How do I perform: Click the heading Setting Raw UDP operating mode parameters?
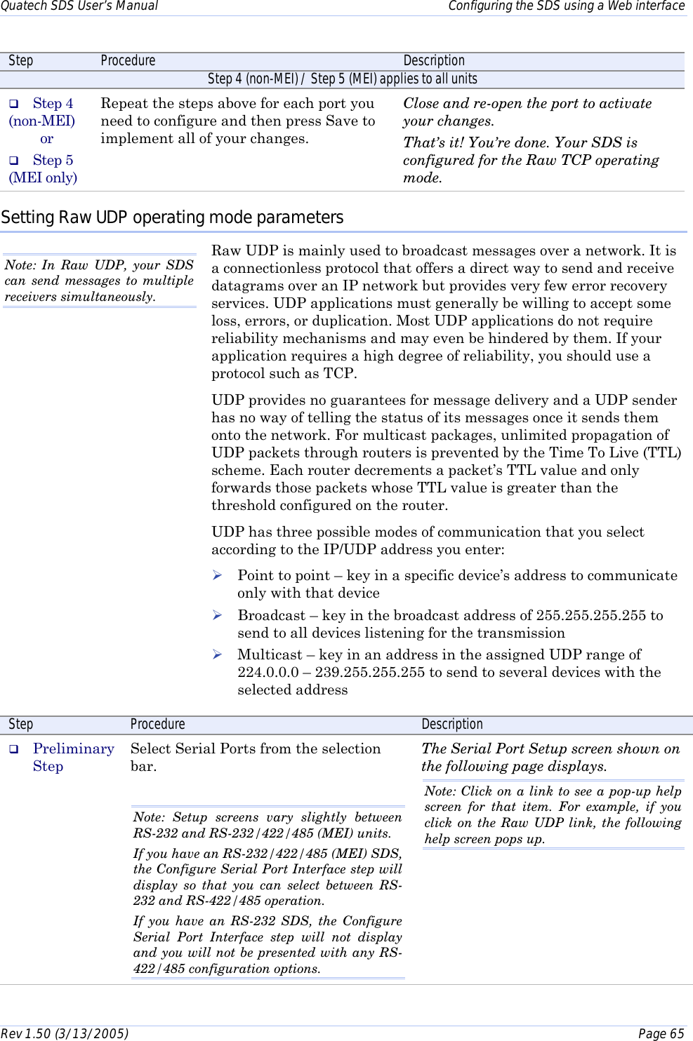point(172,217)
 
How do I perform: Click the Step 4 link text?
point(53,104)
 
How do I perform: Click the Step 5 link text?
point(53,161)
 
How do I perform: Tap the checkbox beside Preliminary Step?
point(13,749)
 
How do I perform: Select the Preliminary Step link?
point(73,749)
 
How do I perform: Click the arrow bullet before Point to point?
point(218,575)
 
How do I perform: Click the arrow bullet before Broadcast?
point(218,615)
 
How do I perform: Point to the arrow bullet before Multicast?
point(218,654)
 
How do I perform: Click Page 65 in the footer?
point(661,1033)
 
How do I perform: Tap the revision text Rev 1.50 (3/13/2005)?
point(65,1033)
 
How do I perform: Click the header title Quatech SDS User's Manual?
point(79,6)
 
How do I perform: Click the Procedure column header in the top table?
point(128,61)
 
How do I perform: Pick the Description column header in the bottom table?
point(452,725)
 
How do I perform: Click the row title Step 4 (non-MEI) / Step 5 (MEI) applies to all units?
point(342,79)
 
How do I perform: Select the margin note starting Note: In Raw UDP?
point(99,281)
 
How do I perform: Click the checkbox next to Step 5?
point(13,161)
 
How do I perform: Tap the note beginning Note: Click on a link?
point(553,814)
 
